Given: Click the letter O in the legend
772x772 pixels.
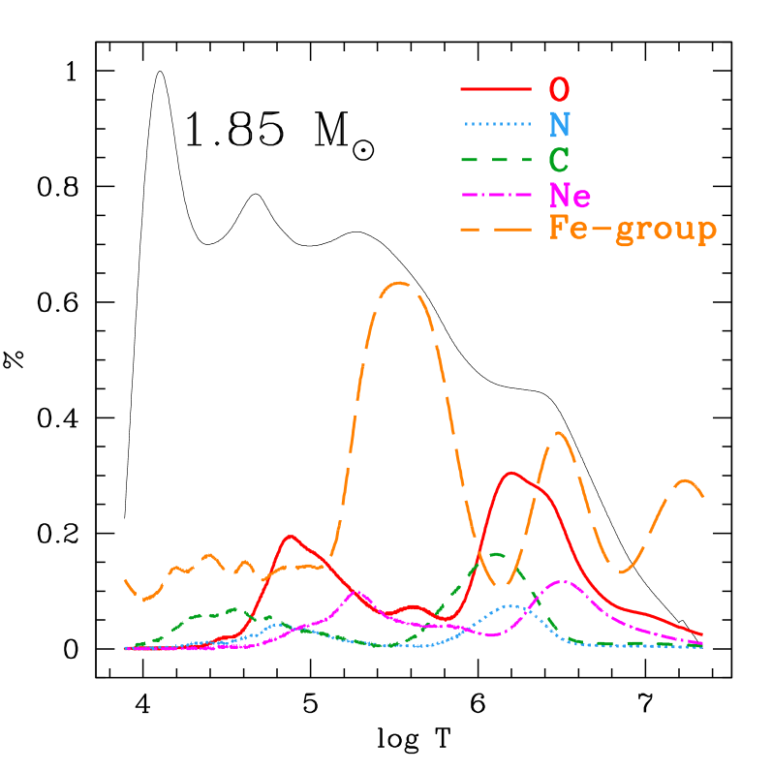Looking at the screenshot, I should [559, 89].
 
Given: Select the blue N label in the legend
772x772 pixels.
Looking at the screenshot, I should [559, 124].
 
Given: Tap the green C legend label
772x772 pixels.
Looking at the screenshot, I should [559, 159].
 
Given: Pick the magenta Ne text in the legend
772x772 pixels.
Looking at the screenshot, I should [570, 195].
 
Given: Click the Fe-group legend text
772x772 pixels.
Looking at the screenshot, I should [633, 230].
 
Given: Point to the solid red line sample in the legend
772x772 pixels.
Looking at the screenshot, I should [496, 89].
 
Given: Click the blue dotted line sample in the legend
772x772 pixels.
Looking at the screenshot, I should [496, 124].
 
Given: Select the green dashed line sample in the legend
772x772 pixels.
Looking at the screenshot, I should [496, 159].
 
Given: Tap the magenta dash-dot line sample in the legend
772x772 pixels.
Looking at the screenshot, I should [496, 195].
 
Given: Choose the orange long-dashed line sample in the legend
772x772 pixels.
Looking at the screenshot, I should [496, 230].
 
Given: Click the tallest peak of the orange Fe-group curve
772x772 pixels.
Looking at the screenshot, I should [399, 283].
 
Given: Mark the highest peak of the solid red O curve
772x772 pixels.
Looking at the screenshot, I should [510, 473].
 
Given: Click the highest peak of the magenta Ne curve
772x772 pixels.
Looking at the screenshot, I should [563, 581].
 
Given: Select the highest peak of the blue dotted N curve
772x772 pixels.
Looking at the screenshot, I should [512, 605].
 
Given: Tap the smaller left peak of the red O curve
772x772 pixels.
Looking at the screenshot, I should [290, 536].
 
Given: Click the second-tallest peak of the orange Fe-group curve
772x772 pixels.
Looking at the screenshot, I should [560, 433].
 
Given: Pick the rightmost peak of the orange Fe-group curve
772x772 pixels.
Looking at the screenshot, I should [686, 480].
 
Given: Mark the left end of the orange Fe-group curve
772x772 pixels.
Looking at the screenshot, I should [126, 579].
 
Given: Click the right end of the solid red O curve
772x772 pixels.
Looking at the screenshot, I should [701, 635].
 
